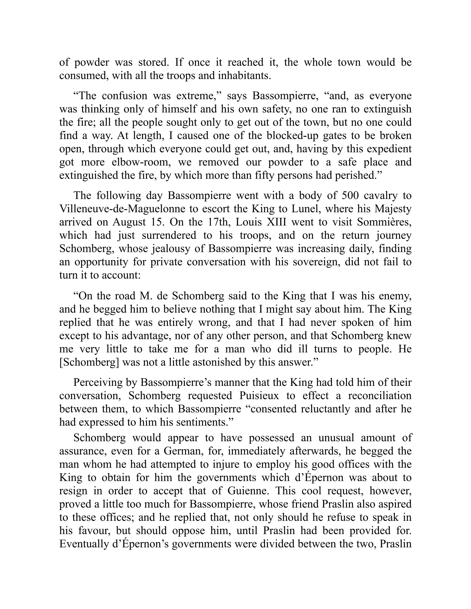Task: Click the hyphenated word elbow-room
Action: pos(141,162)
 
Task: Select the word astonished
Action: pos(220,362)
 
